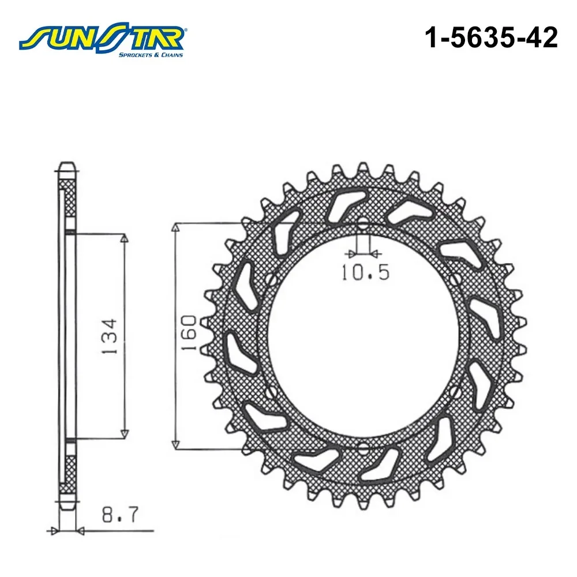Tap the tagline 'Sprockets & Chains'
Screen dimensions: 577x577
click(150, 55)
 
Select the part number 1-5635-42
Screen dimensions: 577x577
click(491, 38)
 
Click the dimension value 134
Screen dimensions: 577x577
click(109, 336)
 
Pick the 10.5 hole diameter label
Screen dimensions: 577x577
click(365, 272)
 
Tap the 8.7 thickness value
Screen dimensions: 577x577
click(120, 514)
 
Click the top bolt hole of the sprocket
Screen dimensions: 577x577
click(363, 223)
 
